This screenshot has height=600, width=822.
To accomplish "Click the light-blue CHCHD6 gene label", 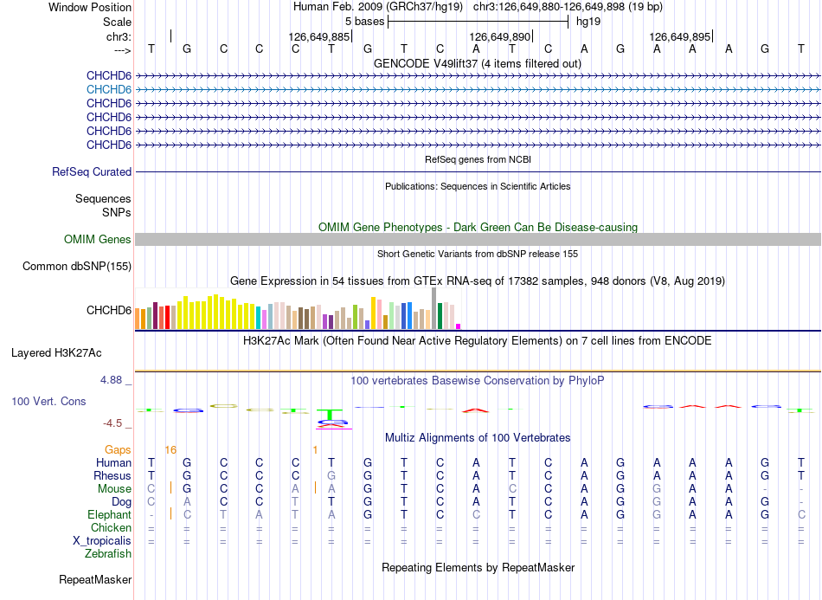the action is (x=109, y=90).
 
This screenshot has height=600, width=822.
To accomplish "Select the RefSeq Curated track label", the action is (x=92, y=172).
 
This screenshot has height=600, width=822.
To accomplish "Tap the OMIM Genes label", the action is (x=98, y=240).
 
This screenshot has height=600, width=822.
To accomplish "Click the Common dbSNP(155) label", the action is (x=77, y=267).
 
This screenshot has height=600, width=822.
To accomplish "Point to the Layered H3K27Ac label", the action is (x=56, y=353).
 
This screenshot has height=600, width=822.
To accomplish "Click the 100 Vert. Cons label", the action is (x=48, y=401).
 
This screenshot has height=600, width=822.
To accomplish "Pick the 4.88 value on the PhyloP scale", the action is (x=111, y=380).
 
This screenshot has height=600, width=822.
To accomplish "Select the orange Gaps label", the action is (x=118, y=450).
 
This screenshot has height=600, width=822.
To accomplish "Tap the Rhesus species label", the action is (x=112, y=476).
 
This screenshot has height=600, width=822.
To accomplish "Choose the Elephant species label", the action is (x=110, y=515).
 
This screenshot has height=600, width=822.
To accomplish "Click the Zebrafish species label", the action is (x=108, y=554).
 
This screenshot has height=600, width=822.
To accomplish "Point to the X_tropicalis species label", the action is (x=102, y=541).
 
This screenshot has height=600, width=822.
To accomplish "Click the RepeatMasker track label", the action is (x=95, y=580).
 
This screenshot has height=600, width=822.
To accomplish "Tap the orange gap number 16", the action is (x=171, y=450).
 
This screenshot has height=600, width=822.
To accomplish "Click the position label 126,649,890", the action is (x=500, y=36).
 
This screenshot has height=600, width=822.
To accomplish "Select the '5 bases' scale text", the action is (x=365, y=22).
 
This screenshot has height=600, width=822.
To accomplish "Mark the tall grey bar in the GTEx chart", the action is (x=434, y=308).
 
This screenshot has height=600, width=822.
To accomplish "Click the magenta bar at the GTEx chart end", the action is (x=459, y=326).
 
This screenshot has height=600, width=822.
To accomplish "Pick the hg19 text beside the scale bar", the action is (x=588, y=22).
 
